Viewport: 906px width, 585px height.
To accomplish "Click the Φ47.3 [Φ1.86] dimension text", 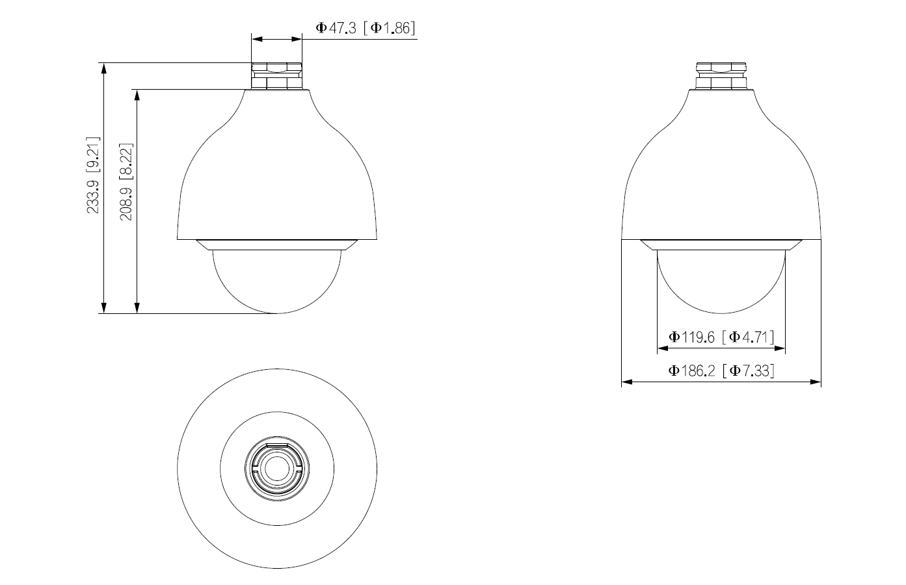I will tap(365, 27).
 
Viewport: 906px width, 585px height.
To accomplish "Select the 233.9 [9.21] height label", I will tap(94, 175).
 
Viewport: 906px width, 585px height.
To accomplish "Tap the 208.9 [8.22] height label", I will tap(126, 182).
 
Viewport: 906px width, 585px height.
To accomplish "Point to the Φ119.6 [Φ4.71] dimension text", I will tap(721, 337).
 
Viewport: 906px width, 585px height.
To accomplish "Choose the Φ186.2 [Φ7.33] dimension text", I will tap(721, 371).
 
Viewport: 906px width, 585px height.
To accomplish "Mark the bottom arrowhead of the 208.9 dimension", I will tap(137, 308).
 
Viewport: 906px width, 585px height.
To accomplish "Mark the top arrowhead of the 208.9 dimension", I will tap(137, 94).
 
